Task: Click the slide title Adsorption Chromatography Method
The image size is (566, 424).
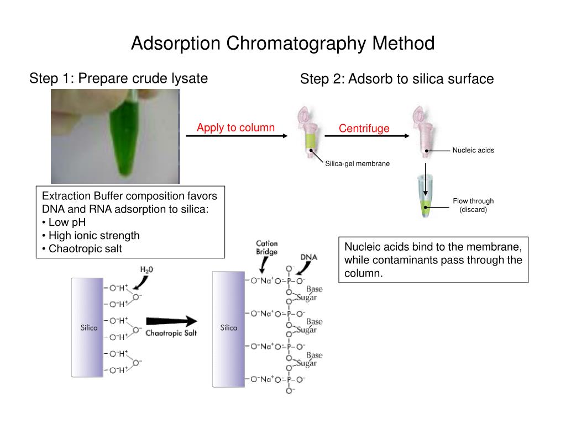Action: tap(282, 43)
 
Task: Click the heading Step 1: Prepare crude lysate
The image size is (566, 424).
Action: tap(118, 78)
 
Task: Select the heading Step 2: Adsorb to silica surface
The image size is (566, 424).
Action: tap(396, 79)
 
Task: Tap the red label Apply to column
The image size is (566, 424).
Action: tap(235, 128)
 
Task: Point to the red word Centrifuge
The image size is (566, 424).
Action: tap(364, 129)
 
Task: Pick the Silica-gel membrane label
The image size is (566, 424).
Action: tap(357, 163)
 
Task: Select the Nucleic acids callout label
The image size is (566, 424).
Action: tap(473, 150)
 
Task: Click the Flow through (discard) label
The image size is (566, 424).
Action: tap(473, 205)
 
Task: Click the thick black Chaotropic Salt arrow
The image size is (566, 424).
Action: tap(171, 321)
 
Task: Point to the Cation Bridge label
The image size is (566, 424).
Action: tap(266, 247)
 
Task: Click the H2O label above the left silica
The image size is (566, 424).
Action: tap(146, 270)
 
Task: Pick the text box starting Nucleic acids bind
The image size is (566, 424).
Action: tap(433, 259)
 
